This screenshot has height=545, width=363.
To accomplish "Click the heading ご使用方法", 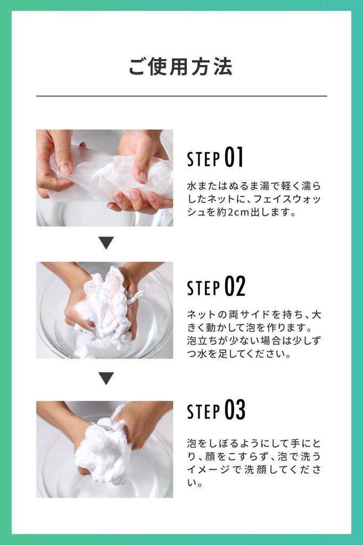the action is (180, 67).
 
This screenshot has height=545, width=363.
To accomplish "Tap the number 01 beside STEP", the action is (234, 158).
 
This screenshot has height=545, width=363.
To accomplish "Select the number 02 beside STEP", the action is (235, 286).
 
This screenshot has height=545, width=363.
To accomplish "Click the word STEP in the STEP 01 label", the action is (203, 159).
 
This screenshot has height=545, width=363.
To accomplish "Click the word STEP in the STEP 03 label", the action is (203, 411).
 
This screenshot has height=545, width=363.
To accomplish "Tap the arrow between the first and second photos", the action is (106, 243).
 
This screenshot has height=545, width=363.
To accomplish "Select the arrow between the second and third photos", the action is (106, 378).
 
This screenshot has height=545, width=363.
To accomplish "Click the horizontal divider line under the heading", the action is (181, 96).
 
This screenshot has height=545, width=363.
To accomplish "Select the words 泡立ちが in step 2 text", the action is (207, 341).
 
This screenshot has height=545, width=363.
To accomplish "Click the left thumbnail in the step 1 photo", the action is (64, 169).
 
